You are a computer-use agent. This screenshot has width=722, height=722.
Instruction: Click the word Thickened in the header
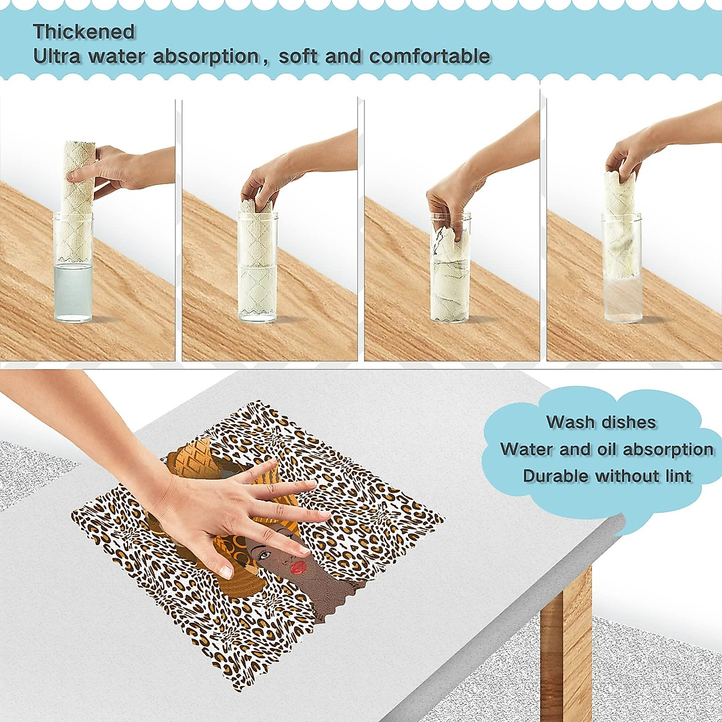click(x=84, y=31)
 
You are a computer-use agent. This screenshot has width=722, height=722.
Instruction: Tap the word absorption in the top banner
click(x=205, y=57)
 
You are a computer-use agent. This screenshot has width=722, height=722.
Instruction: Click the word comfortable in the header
click(x=430, y=57)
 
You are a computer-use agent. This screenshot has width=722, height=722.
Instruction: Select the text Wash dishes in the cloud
click(x=600, y=422)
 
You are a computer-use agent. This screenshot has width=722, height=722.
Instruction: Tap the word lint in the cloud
click(x=678, y=476)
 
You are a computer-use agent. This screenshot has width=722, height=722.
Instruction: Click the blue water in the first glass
click(x=73, y=292)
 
